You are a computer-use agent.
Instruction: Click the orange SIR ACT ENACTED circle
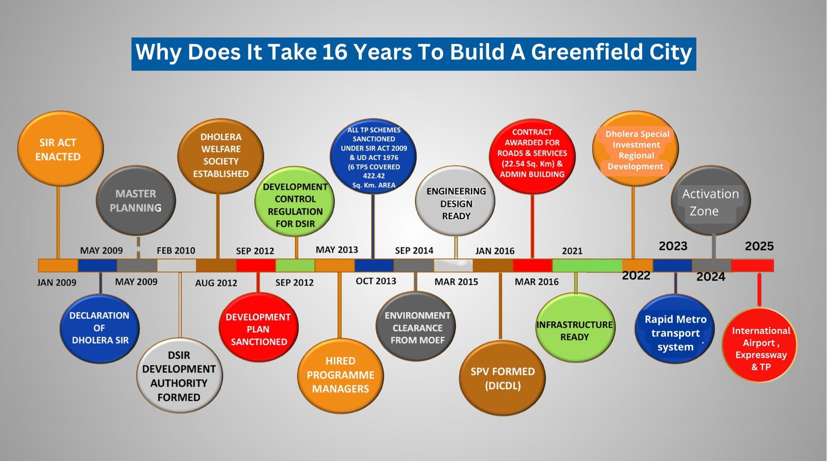pyautogui.click(x=60, y=148)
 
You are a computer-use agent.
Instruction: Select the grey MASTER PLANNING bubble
pyautogui.click(x=136, y=200)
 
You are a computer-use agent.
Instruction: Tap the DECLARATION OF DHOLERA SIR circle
pyautogui.click(x=100, y=328)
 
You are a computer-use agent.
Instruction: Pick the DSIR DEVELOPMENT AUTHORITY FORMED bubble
pyautogui.click(x=179, y=376)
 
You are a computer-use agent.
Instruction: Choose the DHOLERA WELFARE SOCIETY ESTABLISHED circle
pyautogui.click(x=220, y=156)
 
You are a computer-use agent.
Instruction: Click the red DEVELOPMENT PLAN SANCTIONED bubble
pyautogui.click(x=258, y=327)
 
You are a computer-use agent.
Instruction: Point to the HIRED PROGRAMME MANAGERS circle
pyautogui.click(x=341, y=376)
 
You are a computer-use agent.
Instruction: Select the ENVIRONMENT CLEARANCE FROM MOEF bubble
pyautogui.click(x=416, y=326)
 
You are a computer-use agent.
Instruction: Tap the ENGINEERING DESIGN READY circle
pyautogui.click(x=455, y=201)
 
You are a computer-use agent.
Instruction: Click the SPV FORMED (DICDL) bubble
pyautogui.click(x=502, y=378)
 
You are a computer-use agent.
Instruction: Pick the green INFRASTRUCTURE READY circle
pyautogui.click(x=575, y=328)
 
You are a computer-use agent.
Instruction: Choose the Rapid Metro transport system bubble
pyautogui.click(x=675, y=329)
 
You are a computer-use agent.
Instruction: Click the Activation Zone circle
pyautogui.click(x=711, y=200)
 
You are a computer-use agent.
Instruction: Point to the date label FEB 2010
pyautogui.click(x=176, y=250)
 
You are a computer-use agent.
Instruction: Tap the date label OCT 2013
pyautogui.click(x=376, y=281)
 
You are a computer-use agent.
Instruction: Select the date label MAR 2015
pyautogui.click(x=456, y=281)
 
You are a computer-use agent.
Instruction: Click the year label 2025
pyautogui.click(x=759, y=246)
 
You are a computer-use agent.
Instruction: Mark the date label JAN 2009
pyautogui.click(x=56, y=283)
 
